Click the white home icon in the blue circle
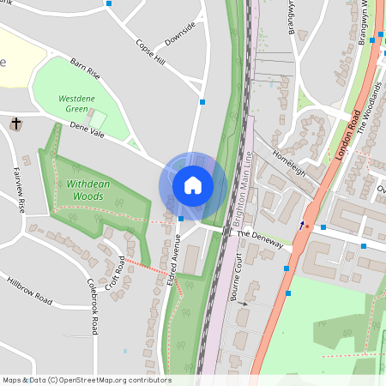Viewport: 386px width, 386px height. pyautogui.click(x=193, y=184)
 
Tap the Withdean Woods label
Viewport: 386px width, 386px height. pyautogui.click(x=85, y=190)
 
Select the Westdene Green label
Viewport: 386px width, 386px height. pyautogui.click(x=77, y=104)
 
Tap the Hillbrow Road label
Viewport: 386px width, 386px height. pyautogui.click(x=29, y=290)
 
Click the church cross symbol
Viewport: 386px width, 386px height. pyautogui.click(x=15, y=125)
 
